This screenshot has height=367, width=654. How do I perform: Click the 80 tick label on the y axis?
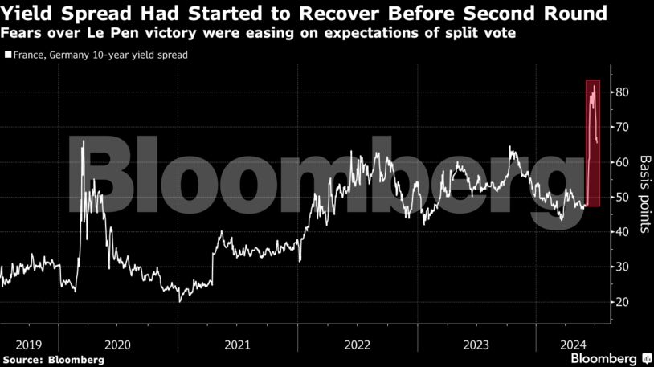click(620, 92)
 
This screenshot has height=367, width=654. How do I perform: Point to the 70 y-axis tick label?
click(620, 127)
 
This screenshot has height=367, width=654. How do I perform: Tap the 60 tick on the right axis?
click(620, 162)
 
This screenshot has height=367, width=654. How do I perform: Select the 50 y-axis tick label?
click(620, 197)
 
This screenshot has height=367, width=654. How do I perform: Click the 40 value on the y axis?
click(620, 232)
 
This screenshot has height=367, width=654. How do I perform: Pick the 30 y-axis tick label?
click(620, 267)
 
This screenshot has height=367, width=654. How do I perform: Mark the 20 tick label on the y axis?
click(620, 302)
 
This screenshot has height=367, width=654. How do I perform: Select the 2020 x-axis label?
click(117, 344)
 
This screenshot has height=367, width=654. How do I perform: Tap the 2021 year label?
click(237, 344)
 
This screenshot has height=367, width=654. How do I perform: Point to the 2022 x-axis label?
click(357, 344)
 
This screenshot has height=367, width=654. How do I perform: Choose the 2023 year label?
click(476, 344)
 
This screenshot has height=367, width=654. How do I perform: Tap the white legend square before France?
click(8, 56)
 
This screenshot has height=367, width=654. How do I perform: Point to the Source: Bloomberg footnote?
click(54, 360)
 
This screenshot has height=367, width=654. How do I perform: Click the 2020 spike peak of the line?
click(84, 141)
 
